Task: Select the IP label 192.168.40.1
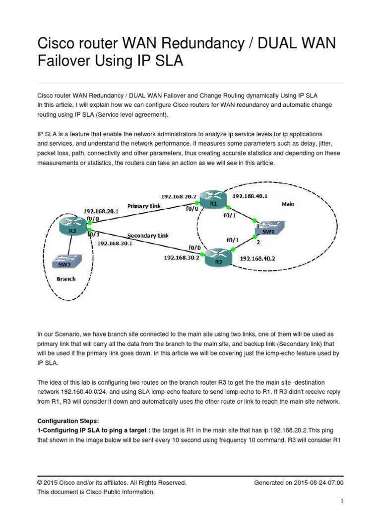pos(250,196)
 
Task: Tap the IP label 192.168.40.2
pos(257,259)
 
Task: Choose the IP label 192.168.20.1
pos(101,211)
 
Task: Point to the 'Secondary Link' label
pos(148,235)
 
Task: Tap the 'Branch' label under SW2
pos(66,279)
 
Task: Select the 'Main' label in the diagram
pos(288,203)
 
